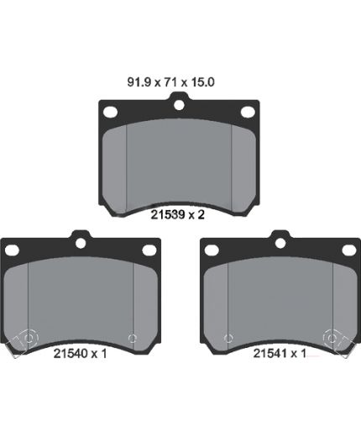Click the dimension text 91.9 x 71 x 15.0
tap(171, 82)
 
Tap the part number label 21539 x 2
tap(178, 215)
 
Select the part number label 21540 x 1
tap(80, 354)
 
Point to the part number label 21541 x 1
tap(280, 353)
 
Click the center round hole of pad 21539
tap(179, 105)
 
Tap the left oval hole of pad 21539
tap(110, 112)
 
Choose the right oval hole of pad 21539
tap(248, 112)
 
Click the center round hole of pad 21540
tap(81, 243)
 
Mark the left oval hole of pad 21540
tap(12, 250)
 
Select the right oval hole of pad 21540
tap(149, 250)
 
